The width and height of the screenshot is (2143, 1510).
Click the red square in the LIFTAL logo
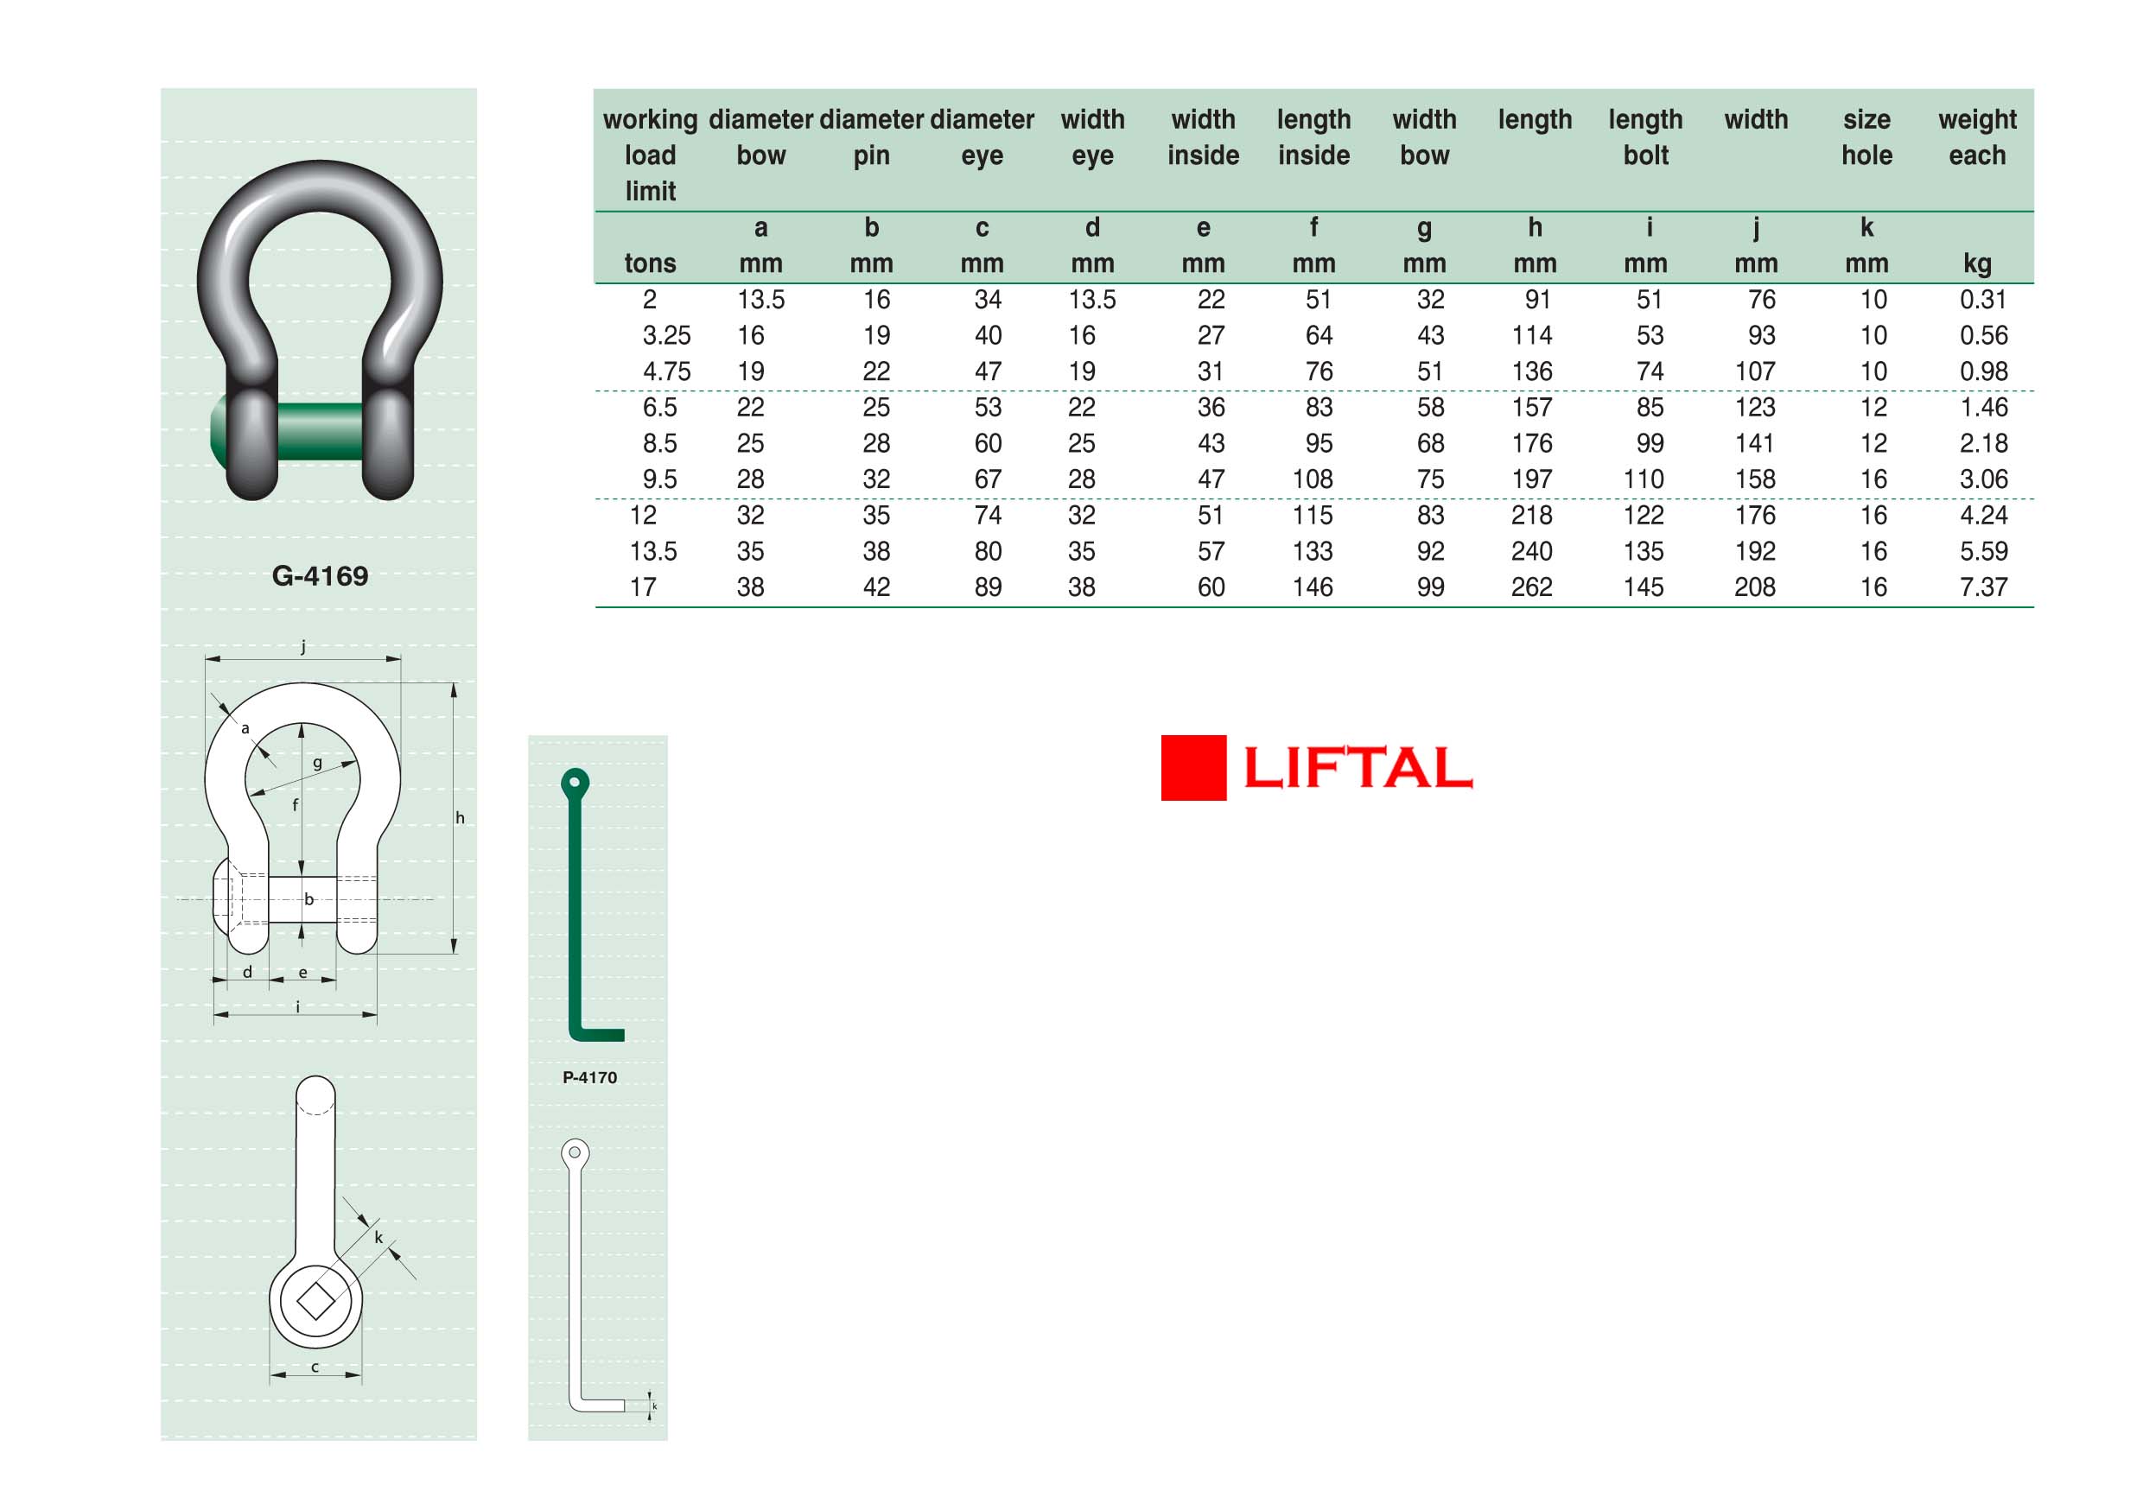[x=1192, y=767]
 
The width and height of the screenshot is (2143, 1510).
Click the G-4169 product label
[x=320, y=576]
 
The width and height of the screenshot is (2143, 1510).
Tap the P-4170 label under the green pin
[x=590, y=1077]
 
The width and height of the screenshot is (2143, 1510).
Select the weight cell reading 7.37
[x=1983, y=587]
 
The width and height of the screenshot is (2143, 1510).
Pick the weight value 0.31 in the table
[x=1983, y=300]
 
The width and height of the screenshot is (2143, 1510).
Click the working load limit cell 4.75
[x=666, y=371]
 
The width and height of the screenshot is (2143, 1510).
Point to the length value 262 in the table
[x=1532, y=587]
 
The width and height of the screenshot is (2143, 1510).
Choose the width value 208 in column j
[x=1755, y=587]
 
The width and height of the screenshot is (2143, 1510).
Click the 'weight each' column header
[x=1977, y=137]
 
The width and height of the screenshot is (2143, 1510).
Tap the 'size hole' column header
[x=1866, y=137]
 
